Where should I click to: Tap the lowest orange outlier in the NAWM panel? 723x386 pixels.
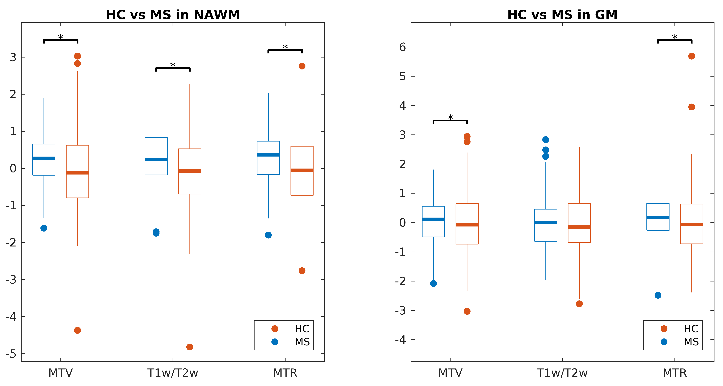(190, 347)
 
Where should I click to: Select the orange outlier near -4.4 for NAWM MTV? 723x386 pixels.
(77, 330)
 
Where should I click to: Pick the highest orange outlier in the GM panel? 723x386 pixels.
(692, 56)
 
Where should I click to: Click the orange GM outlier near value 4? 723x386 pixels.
(692, 107)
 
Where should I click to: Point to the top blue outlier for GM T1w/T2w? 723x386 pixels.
(546, 140)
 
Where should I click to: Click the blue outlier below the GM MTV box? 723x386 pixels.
(433, 283)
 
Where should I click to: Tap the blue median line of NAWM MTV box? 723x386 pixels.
(44, 158)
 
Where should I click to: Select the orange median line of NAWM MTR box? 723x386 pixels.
(302, 170)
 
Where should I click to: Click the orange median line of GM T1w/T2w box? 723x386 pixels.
(579, 227)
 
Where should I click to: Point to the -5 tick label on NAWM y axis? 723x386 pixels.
(11, 354)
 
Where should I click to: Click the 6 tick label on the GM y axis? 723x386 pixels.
(402, 47)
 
